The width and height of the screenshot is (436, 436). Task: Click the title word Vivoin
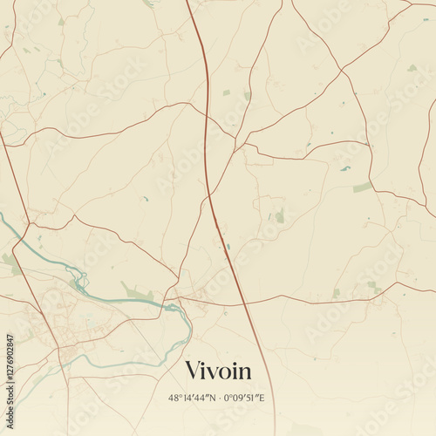(218, 371)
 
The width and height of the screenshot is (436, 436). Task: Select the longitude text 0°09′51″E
(244, 398)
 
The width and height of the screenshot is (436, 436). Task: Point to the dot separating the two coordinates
(219, 398)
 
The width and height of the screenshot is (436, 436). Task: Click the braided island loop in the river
(81, 282)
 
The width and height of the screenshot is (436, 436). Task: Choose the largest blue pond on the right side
(345, 168)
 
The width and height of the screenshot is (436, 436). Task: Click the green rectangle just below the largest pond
(362, 187)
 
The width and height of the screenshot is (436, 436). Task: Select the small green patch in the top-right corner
(412, 68)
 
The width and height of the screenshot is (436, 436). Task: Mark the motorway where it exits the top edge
(187, 3)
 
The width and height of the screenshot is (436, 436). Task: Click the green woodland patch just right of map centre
(279, 215)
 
